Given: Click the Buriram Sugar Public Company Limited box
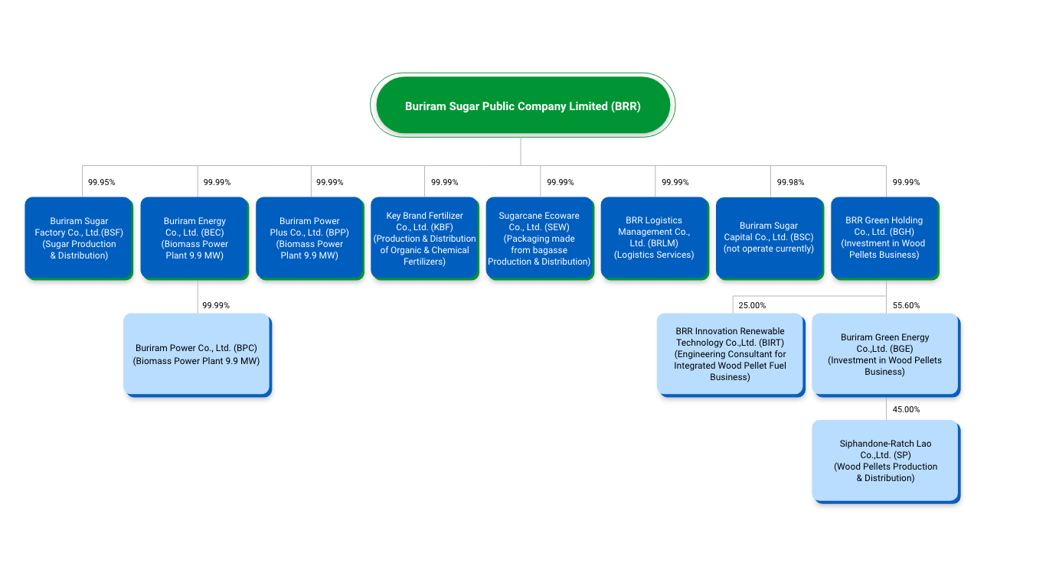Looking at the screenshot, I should click(522, 106).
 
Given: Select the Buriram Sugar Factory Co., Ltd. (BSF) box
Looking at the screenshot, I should click(79, 239).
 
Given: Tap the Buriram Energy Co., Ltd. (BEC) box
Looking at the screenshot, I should click(194, 239).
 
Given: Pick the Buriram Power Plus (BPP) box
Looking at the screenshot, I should click(309, 239).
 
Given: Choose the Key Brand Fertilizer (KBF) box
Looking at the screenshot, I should click(424, 239).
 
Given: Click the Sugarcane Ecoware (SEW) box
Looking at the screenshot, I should click(539, 239).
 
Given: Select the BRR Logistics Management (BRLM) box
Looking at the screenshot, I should click(654, 239).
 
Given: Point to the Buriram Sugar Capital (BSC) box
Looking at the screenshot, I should click(769, 239).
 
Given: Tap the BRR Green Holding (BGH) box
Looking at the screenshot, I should click(884, 239).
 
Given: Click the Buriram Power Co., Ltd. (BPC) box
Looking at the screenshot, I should click(197, 354).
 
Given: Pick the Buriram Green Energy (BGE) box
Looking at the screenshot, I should click(884, 354).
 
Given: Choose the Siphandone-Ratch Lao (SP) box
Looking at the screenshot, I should click(885, 460).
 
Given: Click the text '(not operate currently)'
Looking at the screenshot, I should click(769, 249).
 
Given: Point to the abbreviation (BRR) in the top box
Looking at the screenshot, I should click(626, 106).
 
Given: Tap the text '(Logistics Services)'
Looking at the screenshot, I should click(654, 255).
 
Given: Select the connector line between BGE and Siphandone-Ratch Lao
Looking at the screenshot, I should click(887, 408).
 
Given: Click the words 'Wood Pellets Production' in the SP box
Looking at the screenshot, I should click(885, 467).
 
